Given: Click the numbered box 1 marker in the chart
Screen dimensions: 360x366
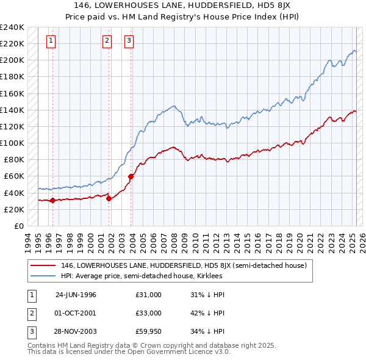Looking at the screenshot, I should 50,41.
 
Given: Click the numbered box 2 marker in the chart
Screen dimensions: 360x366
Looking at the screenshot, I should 107,41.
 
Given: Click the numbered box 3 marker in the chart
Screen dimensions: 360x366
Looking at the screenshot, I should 129,41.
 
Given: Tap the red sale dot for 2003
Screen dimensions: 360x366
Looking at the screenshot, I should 131,176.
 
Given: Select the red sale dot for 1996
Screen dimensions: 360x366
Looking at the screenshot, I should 52,200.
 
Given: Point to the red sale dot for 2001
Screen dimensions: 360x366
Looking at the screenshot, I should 109,198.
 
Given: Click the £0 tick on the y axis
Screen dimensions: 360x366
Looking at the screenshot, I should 18,226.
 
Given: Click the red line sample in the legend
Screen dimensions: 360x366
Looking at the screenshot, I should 43,265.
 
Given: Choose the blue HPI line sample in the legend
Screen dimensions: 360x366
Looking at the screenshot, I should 43,276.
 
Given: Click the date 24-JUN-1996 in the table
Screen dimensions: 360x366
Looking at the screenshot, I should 76,295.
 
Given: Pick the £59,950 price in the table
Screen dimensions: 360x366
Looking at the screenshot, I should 148,333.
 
